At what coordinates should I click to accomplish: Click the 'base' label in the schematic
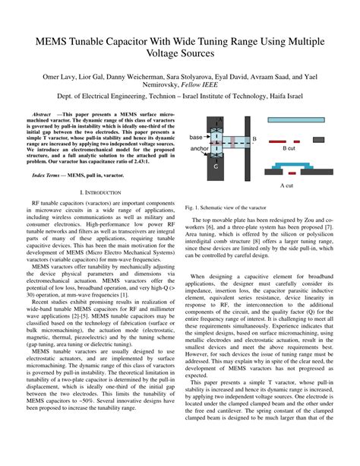[x=196, y=137]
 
